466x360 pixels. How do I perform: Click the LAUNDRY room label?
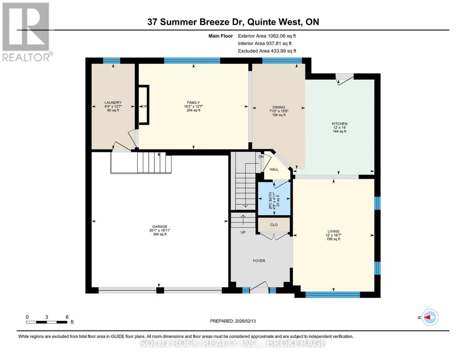(x=113, y=102)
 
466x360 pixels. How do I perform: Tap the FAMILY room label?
(x=194, y=102)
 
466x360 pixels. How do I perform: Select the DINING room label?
(x=279, y=107)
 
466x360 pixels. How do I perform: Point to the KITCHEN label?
(x=340, y=124)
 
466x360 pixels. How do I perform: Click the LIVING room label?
(x=333, y=231)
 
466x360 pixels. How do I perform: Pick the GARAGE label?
(x=160, y=227)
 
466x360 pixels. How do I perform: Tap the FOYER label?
(x=259, y=261)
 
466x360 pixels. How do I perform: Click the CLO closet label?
(x=274, y=225)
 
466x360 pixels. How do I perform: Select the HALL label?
(x=274, y=169)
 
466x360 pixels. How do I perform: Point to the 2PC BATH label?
(x=270, y=200)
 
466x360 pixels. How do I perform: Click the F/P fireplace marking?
(x=145, y=107)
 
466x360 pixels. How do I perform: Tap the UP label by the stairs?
(x=243, y=232)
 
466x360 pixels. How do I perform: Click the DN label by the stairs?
(x=261, y=156)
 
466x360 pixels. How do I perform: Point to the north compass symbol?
(x=430, y=317)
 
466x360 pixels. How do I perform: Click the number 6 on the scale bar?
(x=67, y=317)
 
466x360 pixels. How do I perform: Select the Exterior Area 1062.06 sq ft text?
(x=267, y=36)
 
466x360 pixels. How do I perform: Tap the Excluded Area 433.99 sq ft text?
(x=267, y=51)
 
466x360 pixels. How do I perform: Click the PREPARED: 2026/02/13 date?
(x=233, y=321)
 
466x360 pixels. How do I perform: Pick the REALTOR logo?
(x=26, y=32)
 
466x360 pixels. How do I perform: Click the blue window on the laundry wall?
(x=111, y=60)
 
